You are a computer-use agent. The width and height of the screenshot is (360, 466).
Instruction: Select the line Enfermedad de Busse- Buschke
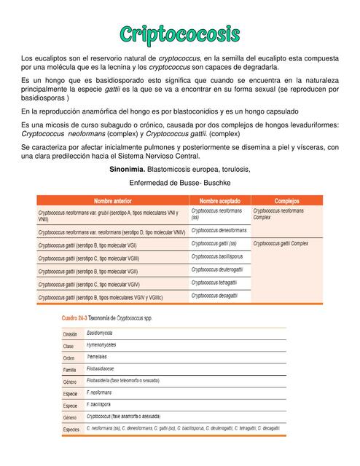coord(180,183)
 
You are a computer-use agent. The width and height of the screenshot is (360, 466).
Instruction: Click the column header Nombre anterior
coord(113,200)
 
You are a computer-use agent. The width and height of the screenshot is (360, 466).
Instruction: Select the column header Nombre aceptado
coord(219,200)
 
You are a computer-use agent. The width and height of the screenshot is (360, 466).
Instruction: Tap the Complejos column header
coord(286,200)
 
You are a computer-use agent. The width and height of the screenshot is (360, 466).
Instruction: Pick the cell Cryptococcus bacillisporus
coord(217,256)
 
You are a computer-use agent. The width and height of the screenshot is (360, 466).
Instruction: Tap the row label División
coord(71,333)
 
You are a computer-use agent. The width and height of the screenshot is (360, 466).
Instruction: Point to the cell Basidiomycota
coord(103,333)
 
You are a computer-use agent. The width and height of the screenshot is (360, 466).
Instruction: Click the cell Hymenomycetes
coord(101,345)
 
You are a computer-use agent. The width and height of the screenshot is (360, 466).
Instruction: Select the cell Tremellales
coord(98,358)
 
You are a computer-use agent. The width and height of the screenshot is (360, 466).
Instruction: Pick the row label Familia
coord(70,370)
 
